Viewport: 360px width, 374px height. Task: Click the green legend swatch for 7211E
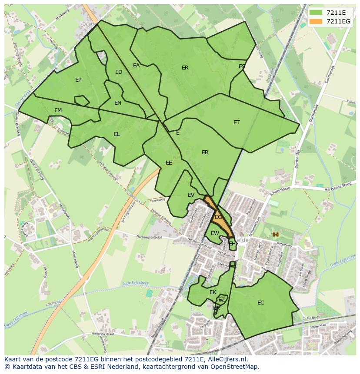tap(316, 12)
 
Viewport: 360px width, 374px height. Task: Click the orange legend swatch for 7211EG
tap(316, 21)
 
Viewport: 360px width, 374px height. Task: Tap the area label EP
tap(78, 79)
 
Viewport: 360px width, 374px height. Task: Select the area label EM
tap(58, 110)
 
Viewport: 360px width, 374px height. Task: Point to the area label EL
tap(117, 134)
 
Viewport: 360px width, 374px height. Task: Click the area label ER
tap(185, 68)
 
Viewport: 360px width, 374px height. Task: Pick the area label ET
tap(237, 122)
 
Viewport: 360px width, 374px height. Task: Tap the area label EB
tap(205, 152)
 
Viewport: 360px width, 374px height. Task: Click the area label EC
tap(260, 303)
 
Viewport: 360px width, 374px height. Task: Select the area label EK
tap(213, 292)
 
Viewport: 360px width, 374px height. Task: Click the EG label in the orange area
tap(218, 217)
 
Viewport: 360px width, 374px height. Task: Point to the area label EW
tap(215, 233)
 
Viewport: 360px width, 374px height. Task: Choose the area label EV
tap(191, 195)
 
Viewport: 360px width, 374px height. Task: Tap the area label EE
tap(169, 163)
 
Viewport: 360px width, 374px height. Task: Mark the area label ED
tap(119, 72)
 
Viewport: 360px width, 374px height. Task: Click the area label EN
tap(118, 103)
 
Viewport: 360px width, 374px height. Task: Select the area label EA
tap(136, 66)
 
